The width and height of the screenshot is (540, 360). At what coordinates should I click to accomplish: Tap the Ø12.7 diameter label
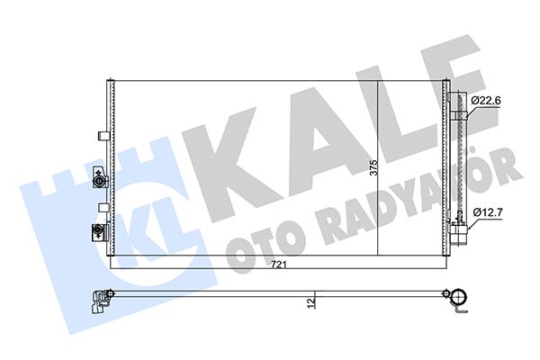coord(486,213)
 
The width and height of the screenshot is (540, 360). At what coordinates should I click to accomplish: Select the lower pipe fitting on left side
coord(94,233)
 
